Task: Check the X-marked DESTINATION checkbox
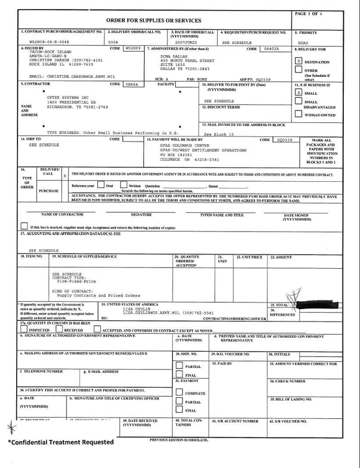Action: [x=299, y=61]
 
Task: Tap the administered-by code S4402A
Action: [x=272, y=49]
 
